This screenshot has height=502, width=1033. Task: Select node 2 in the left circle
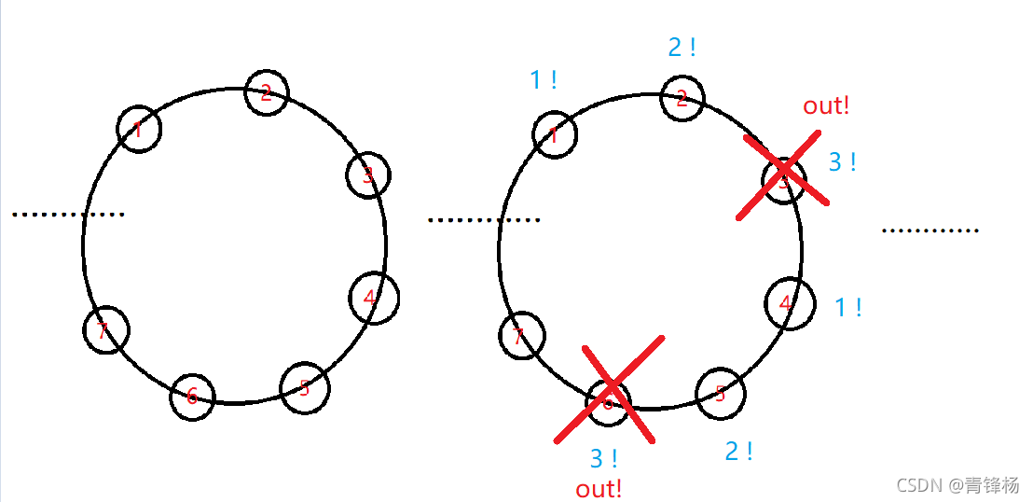tap(267, 91)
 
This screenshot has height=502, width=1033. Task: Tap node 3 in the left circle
tap(368, 174)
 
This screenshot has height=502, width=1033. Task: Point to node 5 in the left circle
tap(305, 387)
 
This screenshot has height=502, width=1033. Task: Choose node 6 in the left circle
tap(192, 397)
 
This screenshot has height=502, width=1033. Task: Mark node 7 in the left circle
tap(105, 329)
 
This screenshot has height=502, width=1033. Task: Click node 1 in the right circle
tap(555, 135)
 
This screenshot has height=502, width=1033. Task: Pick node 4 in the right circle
tap(789, 303)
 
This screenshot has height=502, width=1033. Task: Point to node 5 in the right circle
tap(722, 393)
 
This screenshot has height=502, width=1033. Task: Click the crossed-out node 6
tap(609, 402)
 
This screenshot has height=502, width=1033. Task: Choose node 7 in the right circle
tap(521, 336)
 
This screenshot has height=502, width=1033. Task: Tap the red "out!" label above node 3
tap(826, 105)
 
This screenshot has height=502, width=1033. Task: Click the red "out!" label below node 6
tap(599, 488)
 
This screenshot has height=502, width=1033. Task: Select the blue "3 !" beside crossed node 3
tap(842, 162)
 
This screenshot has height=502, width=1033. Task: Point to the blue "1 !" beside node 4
tap(847, 307)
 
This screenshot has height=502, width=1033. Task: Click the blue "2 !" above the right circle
tap(682, 48)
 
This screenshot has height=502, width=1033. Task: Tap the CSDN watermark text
tap(957, 485)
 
